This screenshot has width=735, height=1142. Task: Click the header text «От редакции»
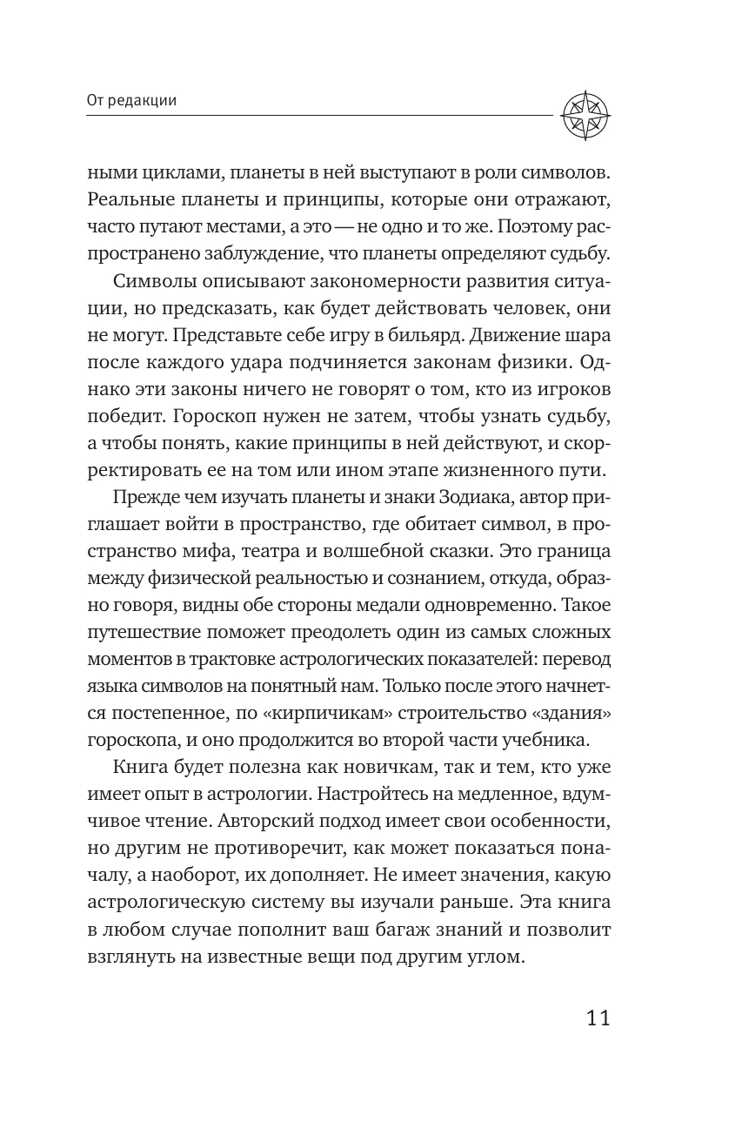click(132, 100)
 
